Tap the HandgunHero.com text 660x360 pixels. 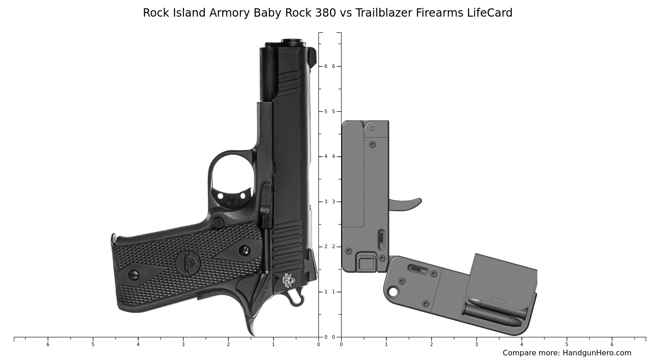pos(597,353)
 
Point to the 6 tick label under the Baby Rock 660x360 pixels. pos(48,344)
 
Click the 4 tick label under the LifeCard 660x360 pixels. pos(521,344)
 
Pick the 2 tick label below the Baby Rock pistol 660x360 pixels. pos(228,344)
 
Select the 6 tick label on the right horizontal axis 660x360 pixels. pos(611,344)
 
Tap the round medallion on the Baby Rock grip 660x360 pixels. pos(188,263)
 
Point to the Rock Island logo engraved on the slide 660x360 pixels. pos(288,280)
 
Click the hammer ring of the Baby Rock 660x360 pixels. pos(296,299)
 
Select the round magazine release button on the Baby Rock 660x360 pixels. pos(218,223)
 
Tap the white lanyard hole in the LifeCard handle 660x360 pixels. pos(393,292)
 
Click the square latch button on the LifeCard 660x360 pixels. pos(367,264)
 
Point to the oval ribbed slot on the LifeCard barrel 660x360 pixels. pos(381,239)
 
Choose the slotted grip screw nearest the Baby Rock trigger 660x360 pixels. pos(244,250)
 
